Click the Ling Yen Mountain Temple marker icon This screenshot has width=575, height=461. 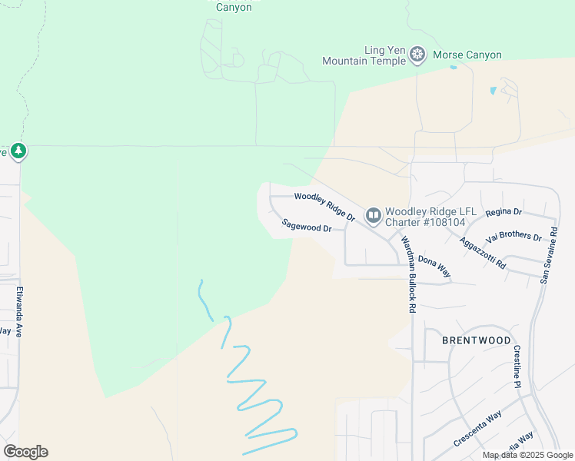coord(417,55)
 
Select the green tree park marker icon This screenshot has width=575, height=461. coord(18,151)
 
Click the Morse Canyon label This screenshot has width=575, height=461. coord(467,55)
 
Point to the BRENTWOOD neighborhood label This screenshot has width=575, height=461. coord(477,340)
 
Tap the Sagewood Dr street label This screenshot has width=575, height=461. coord(306,226)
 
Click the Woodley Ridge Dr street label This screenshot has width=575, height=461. coord(324,207)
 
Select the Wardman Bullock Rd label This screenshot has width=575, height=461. coord(407,273)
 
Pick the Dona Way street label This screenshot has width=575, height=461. coord(434,266)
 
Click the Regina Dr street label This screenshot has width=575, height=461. coord(504,211)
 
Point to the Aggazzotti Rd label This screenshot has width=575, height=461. coord(483,252)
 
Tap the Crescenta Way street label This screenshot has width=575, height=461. coord(477,429)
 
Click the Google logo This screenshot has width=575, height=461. coord(25,452)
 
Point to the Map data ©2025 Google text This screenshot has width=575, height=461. coord(528,455)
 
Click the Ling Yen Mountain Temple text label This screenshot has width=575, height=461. coord(364,55)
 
